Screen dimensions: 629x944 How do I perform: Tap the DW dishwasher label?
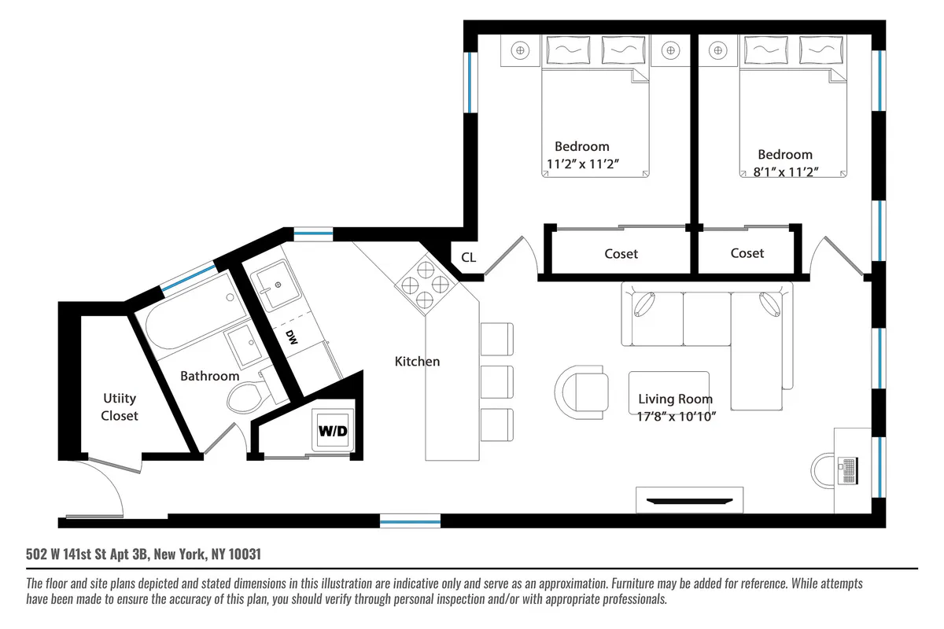(291, 337)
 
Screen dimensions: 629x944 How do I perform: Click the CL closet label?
(468, 257)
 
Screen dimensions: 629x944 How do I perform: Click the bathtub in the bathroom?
(189, 331)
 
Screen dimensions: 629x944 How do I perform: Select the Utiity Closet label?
(120, 406)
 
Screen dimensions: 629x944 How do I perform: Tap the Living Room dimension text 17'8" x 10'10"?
(675, 416)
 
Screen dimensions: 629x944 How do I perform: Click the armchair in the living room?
(582, 391)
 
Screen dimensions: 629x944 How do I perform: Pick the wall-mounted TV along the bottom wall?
(689, 499)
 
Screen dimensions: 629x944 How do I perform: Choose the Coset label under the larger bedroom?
(621, 254)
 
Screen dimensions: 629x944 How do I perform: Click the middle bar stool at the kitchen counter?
(496, 381)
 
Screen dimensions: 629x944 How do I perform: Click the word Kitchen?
(417, 362)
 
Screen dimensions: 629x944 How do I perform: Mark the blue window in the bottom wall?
(410, 520)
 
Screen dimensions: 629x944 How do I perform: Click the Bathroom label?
(209, 377)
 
